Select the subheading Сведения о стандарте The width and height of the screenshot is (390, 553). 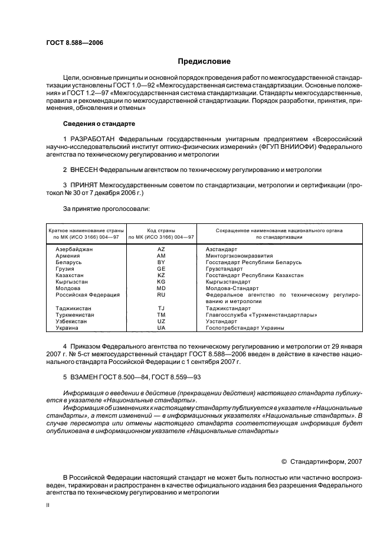[x=99, y=124]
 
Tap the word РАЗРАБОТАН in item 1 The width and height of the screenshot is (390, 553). [x=93, y=138]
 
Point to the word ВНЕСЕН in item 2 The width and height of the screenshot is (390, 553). [x=84, y=170]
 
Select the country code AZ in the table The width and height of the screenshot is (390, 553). [x=161, y=250]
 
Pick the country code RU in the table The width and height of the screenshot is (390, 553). [x=161, y=294]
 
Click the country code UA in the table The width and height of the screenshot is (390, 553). [x=161, y=327]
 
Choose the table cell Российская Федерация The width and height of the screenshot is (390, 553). [x=87, y=294]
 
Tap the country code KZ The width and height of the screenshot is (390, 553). [x=161, y=275]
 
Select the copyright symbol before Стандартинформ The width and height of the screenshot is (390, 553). [x=284, y=463]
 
